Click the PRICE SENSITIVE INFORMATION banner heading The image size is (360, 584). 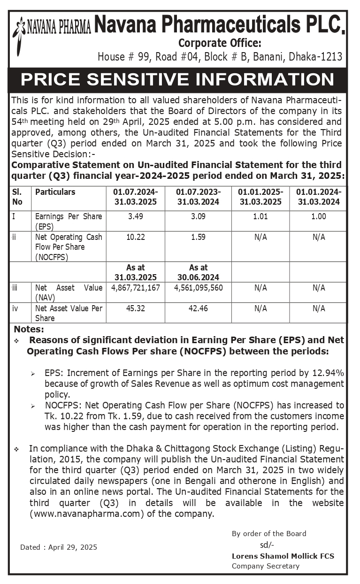tap(177, 79)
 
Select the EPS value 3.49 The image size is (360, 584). tap(136, 216)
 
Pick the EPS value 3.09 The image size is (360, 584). tap(199, 216)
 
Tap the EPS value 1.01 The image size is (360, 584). tap(260, 216)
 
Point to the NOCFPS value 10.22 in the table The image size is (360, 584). tap(136, 237)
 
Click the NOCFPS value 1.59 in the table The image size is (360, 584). tap(199, 237)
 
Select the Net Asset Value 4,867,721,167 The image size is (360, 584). tap(136, 288)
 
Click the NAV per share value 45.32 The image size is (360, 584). tap(136, 308)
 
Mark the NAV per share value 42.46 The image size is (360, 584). tap(199, 308)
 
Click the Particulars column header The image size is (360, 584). tap(55, 192)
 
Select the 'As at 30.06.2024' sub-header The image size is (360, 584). tap(199, 272)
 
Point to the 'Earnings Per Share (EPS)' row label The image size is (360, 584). tap(69, 221)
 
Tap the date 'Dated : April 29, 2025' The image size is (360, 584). tap(59, 547)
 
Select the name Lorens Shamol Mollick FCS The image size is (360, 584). tap(283, 556)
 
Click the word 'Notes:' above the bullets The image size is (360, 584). tap(29, 329)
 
